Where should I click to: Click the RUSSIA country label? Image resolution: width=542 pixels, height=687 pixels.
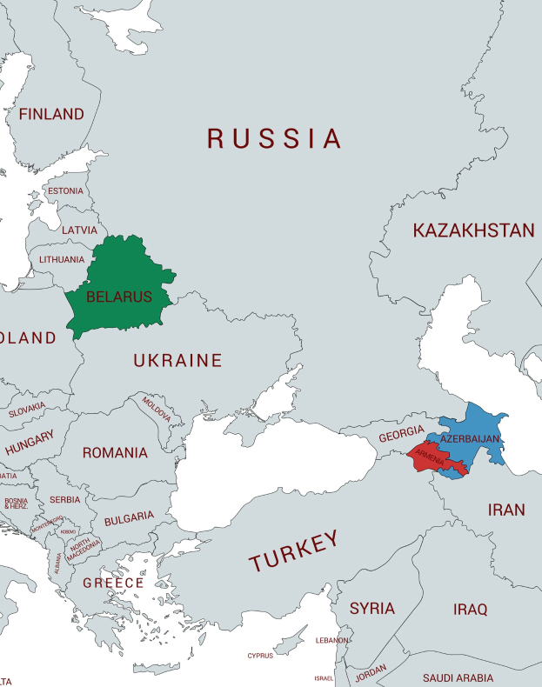click(274, 138)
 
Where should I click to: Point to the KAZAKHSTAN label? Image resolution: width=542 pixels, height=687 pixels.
click(473, 230)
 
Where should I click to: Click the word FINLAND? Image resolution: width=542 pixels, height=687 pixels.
click(51, 114)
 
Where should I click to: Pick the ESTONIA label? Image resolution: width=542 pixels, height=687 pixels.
click(65, 191)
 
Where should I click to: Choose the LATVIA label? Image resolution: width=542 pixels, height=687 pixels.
click(79, 230)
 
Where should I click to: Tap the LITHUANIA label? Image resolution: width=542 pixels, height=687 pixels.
click(62, 259)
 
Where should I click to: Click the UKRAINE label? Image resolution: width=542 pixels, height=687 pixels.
click(177, 360)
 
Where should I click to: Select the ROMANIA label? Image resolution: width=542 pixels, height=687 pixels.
click(115, 453)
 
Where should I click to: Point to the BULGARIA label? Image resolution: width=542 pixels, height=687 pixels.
click(129, 517)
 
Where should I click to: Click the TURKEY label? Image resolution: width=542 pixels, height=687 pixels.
click(294, 551)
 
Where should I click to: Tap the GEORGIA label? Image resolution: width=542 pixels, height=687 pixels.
click(401, 435)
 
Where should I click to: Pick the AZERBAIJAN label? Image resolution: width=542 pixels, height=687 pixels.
click(471, 439)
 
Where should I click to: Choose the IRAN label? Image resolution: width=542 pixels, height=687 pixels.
click(506, 510)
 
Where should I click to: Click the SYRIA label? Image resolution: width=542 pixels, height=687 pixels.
click(371, 608)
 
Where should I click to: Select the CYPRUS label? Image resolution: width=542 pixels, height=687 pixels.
click(260, 656)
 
